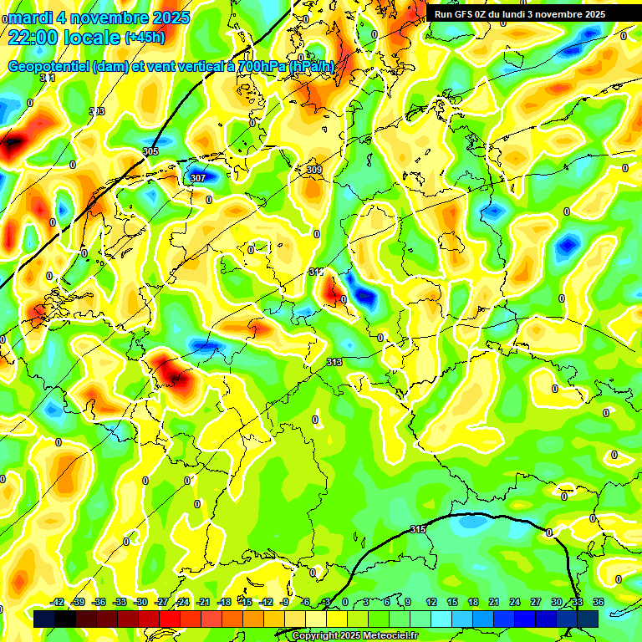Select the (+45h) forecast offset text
[x=144, y=38]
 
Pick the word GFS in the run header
[x=463, y=14]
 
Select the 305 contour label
[x=150, y=151]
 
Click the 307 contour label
[x=198, y=179]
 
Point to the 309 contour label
[x=314, y=170]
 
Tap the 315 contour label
[x=418, y=530]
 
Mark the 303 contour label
[x=97, y=111]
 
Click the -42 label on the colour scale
[x=57, y=602]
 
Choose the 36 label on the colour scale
[x=598, y=602]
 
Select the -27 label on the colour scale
[x=161, y=602]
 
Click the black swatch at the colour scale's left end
[x=44, y=619]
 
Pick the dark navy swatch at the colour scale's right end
[x=588, y=619]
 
